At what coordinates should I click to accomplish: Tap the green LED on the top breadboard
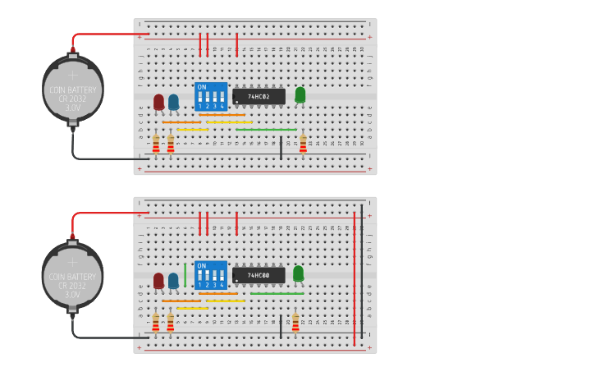click(x=300, y=94)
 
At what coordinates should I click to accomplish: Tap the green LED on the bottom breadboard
click(x=298, y=273)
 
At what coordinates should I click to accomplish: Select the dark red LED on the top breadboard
click(x=158, y=102)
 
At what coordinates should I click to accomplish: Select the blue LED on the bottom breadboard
click(x=173, y=281)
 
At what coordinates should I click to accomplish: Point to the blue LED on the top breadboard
click(x=173, y=102)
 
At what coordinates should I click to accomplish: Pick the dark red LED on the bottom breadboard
click(x=158, y=281)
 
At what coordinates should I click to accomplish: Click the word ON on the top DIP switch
click(x=201, y=87)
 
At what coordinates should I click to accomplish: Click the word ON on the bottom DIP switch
click(x=201, y=266)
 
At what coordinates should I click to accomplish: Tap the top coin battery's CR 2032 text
click(x=73, y=99)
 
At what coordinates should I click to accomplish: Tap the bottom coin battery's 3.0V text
click(x=73, y=294)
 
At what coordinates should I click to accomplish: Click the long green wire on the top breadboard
click(x=266, y=129)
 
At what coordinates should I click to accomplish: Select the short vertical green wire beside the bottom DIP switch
click(x=185, y=275)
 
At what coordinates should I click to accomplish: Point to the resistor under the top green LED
click(x=303, y=145)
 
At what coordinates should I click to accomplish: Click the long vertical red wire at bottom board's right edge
click(x=355, y=279)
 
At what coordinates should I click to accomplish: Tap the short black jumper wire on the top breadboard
click(x=281, y=149)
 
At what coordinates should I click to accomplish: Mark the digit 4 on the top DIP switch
click(x=222, y=106)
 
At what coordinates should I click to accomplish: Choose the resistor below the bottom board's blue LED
click(x=171, y=323)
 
